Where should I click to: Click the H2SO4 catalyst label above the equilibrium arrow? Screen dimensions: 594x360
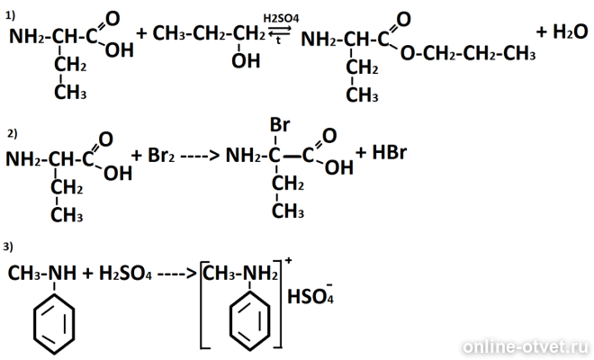click(x=281, y=18)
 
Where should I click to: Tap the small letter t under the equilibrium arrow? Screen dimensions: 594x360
click(x=278, y=40)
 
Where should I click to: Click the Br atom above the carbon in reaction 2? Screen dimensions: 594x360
click(x=280, y=125)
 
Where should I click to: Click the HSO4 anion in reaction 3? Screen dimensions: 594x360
click(x=310, y=295)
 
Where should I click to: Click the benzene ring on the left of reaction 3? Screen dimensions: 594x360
click(x=54, y=324)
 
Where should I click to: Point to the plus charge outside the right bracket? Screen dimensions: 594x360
click(x=288, y=260)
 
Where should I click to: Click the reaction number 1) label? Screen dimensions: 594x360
click(x=10, y=15)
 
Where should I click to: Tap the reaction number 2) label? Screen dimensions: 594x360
click(x=12, y=133)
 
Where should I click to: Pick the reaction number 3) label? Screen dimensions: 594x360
click(x=8, y=247)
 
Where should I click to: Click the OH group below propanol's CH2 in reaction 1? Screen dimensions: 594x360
click(x=246, y=60)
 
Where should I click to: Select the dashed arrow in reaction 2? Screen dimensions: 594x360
click(x=200, y=156)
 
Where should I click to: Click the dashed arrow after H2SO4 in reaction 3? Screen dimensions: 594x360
click(x=177, y=274)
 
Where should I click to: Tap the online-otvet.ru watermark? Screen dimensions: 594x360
click(x=525, y=346)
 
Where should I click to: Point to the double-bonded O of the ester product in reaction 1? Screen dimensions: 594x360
click(x=404, y=19)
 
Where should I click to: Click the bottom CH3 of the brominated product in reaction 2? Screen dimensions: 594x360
click(x=288, y=211)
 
